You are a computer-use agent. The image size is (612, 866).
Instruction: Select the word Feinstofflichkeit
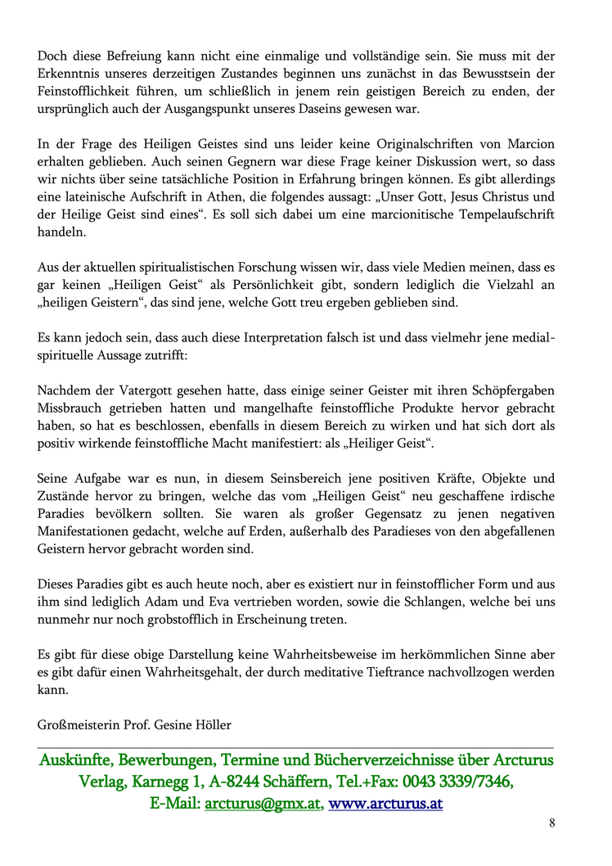tap(88, 91)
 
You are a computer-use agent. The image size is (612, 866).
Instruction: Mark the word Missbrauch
tap(71, 408)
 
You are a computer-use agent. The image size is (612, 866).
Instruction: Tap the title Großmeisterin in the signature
tap(77, 725)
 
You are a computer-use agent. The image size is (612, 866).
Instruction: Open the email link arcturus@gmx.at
tap(262, 804)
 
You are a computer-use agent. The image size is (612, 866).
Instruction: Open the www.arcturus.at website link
tap(385, 804)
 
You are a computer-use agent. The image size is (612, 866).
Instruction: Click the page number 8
tap(552, 823)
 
